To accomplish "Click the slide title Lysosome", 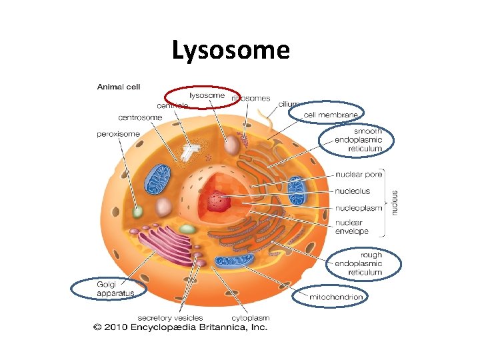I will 231,50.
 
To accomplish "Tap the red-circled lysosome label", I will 207,95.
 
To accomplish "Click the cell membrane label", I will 331,115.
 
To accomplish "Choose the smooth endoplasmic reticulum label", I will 359,140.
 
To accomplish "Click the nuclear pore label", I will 359,175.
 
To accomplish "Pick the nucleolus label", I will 353,191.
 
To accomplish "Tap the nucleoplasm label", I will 359,208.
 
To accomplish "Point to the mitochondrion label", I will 335,297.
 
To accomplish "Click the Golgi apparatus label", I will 115,289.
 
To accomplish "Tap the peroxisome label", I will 118,134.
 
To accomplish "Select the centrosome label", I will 141,118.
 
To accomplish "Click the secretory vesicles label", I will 170,317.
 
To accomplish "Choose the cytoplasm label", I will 250,317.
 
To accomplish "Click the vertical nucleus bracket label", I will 395,200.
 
